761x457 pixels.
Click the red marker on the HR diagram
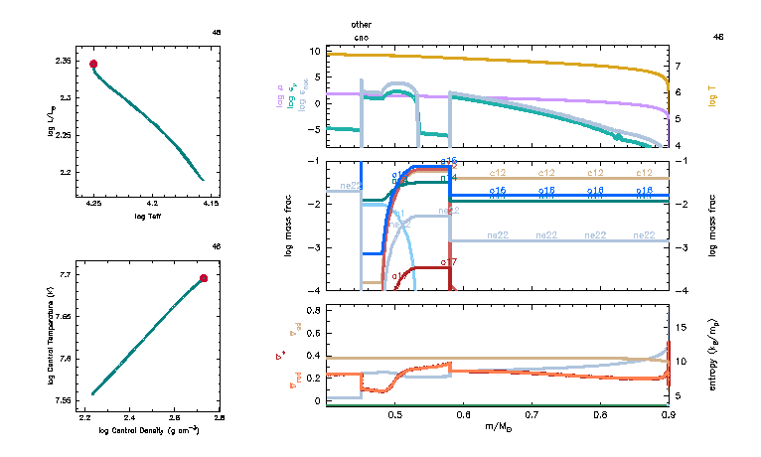(x=93, y=65)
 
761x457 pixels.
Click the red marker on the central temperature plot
(x=204, y=278)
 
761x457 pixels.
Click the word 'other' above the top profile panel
(x=361, y=23)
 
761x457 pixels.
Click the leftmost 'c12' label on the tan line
(x=489, y=174)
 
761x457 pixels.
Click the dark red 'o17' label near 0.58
(x=448, y=262)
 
